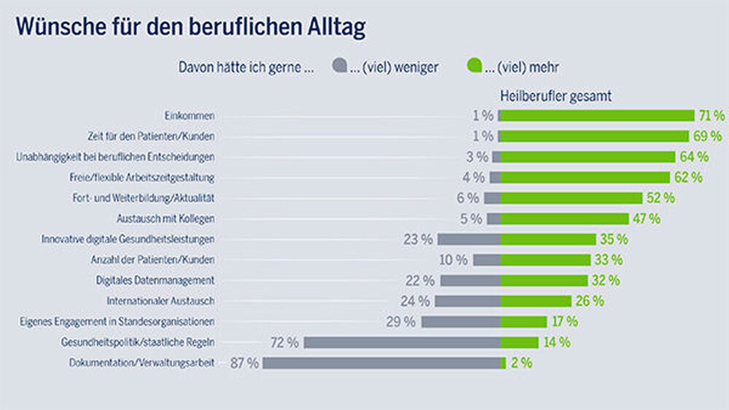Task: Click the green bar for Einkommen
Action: coord(596,115)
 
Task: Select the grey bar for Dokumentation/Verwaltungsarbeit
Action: coord(382,363)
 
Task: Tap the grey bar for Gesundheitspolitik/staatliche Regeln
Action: coord(402,342)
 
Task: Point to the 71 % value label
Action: coord(710,115)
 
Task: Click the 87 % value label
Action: coord(244,363)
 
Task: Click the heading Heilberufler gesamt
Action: coord(555,96)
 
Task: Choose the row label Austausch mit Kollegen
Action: coord(165,218)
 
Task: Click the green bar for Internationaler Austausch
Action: coord(536,301)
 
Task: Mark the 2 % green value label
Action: coord(521,363)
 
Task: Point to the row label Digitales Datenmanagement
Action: coord(155,280)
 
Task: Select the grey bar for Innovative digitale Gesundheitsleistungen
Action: coord(469,239)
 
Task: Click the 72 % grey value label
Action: coord(284,342)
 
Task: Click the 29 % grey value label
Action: coord(401,322)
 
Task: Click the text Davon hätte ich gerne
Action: coord(246,67)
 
